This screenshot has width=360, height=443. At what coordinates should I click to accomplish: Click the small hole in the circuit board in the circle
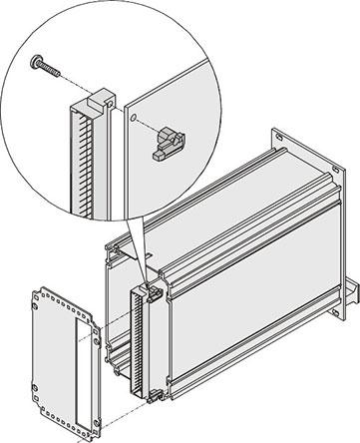[x=133, y=117]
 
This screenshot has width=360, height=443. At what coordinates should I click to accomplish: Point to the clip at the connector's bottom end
[x=156, y=395]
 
